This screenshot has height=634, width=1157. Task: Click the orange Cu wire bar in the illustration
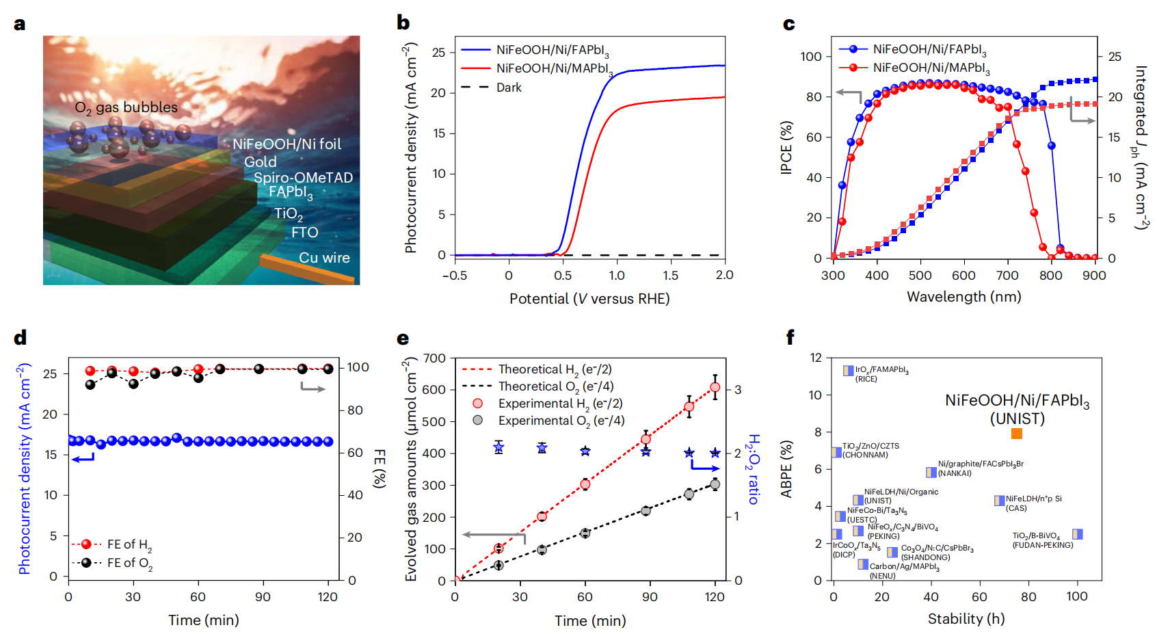coord(308,269)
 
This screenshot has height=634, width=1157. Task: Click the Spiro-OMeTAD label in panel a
coord(303,178)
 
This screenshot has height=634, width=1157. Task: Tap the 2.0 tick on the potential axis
coord(724,275)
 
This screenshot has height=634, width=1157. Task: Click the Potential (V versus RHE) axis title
coord(589,299)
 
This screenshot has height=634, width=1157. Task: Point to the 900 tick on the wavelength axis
coord(1094,276)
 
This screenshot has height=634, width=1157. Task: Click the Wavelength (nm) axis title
coord(963,297)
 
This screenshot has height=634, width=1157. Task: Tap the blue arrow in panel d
coord(83,458)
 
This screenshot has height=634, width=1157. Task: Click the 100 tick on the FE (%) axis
coord(358,367)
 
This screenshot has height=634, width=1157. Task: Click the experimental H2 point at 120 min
coord(715,387)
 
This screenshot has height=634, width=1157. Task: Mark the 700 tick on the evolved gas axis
coord(434,358)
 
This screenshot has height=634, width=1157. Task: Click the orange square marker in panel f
coord(1017,434)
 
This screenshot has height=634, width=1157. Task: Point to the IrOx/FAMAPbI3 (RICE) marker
coord(849,370)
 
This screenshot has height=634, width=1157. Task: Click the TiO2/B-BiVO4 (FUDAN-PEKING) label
coord(1042,540)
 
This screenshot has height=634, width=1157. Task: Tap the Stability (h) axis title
coord(966,619)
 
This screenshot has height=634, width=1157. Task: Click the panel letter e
coord(403,338)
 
